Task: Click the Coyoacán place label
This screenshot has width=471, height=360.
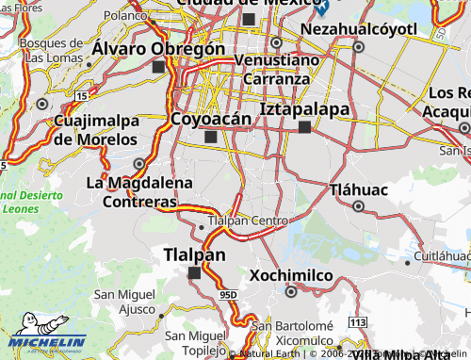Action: (x=211, y=119)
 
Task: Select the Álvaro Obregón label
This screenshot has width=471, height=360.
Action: (x=159, y=48)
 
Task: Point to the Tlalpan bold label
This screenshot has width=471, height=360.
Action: (x=194, y=254)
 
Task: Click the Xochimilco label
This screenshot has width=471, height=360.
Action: (x=292, y=275)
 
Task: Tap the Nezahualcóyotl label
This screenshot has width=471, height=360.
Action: (x=359, y=29)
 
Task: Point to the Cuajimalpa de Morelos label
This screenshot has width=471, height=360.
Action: (x=96, y=130)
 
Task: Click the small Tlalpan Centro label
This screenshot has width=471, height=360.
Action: (x=247, y=221)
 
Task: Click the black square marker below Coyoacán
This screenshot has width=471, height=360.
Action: (x=210, y=138)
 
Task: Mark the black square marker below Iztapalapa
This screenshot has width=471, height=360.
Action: (x=304, y=127)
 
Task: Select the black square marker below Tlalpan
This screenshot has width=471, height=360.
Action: (x=194, y=273)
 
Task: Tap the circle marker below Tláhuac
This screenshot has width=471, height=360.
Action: (x=359, y=205)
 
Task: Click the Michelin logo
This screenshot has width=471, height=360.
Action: (x=43, y=341)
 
